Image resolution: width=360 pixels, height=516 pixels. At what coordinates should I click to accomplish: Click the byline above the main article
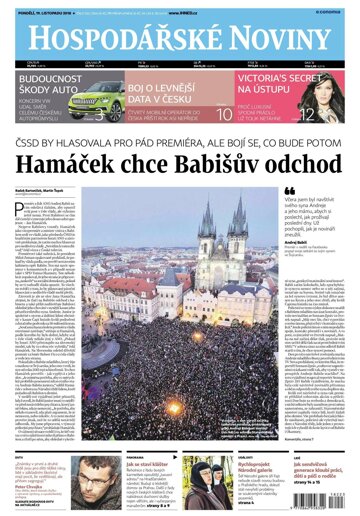[45, 185]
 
